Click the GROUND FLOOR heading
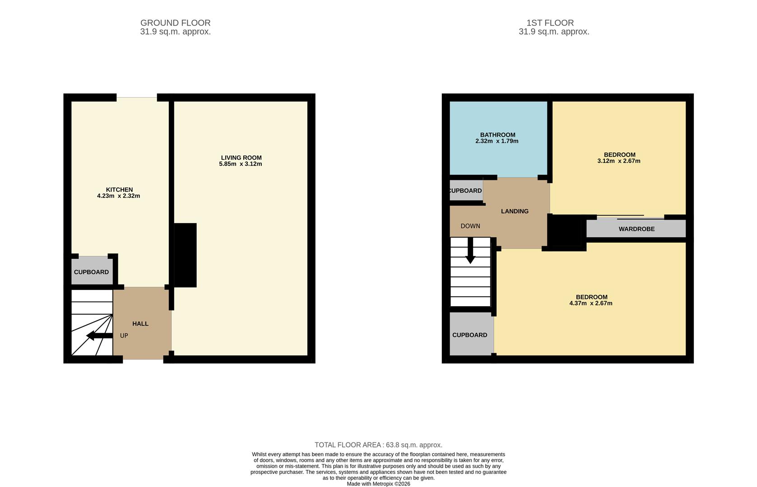(x=175, y=23)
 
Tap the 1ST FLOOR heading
(x=550, y=23)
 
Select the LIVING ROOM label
(x=241, y=157)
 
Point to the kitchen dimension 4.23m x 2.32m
(x=118, y=196)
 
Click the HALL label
(x=140, y=323)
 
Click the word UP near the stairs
(x=124, y=335)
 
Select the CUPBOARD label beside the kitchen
(x=91, y=272)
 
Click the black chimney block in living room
(x=185, y=255)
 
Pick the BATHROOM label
(x=497, y=134)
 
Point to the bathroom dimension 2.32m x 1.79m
(x=497, y=141)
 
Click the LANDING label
(x=515, y=211)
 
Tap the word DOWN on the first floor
(x=470, y=226)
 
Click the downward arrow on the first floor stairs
(x=470, y=253)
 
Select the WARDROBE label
(x=636, y=229)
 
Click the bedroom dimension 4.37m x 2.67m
(x=590, y=303)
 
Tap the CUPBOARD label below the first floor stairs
(x=469, y=335)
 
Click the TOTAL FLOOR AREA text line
(x=378, y=445)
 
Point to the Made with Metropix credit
(x=378, y=484)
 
